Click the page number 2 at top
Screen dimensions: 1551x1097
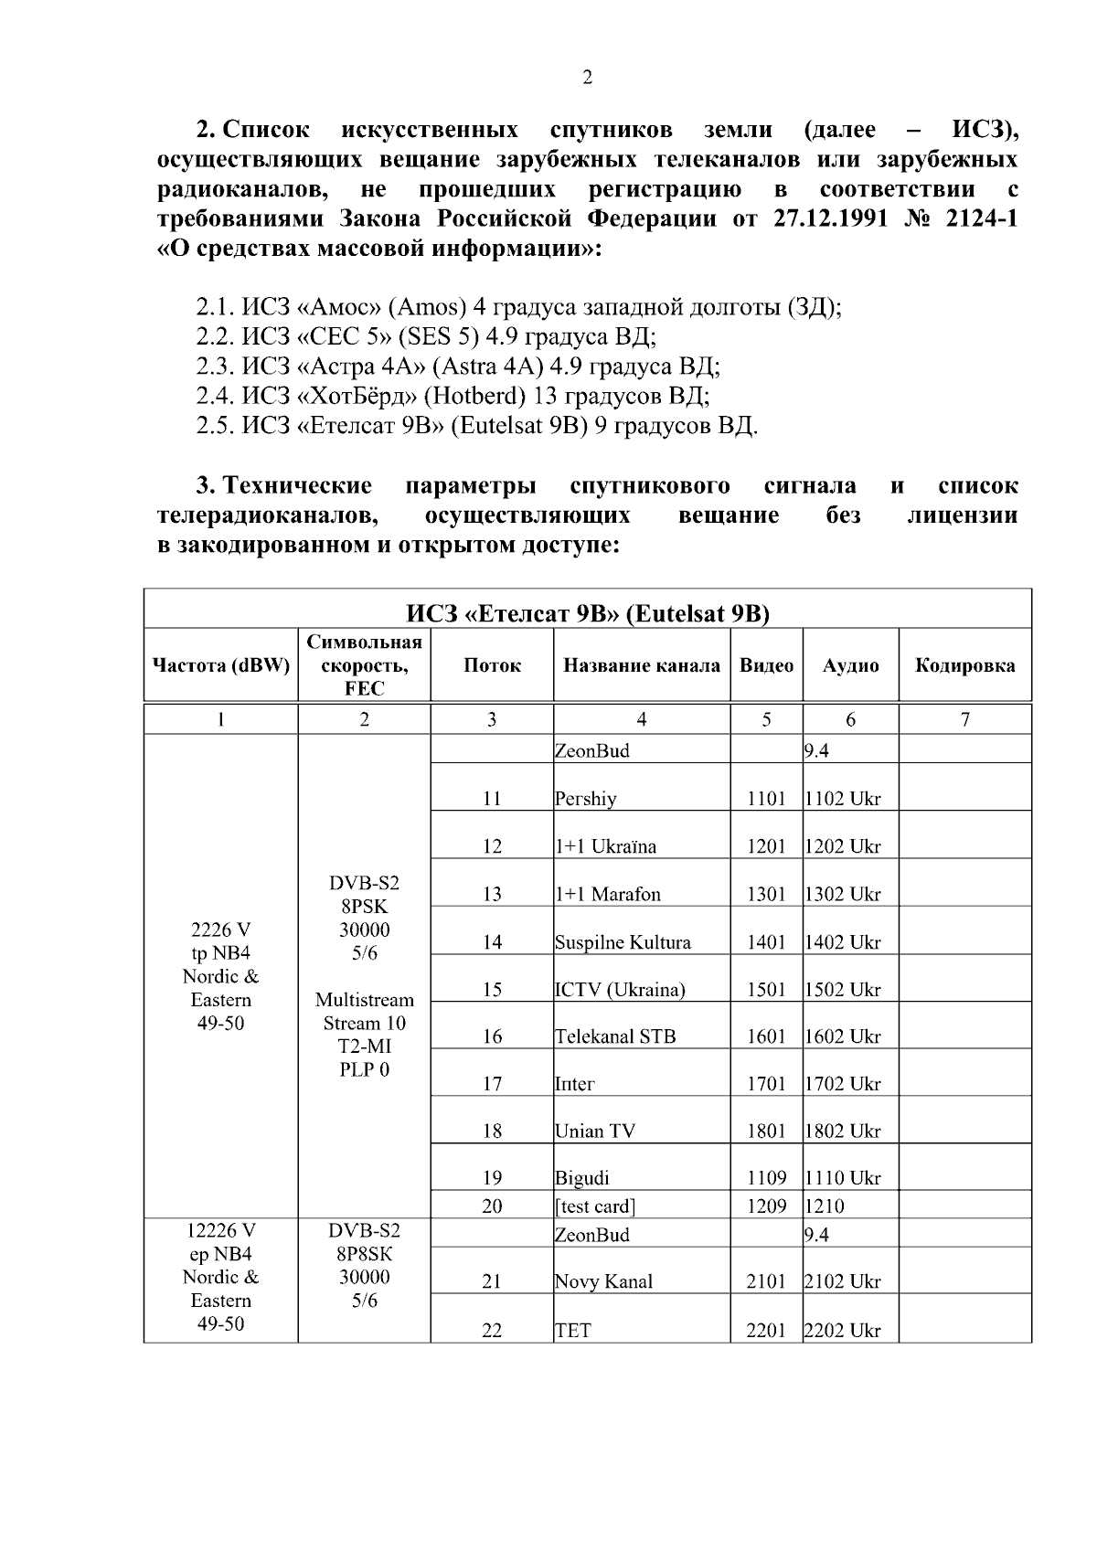587,78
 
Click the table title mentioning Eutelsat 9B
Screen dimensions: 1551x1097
587,612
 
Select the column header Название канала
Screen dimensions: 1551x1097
641,665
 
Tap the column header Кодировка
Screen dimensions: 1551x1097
964,665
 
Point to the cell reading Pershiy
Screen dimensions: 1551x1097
586,799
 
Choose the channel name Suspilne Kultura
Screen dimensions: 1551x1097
623,942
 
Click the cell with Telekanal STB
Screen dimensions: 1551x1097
615,1036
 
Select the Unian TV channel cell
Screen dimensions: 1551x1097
594,1131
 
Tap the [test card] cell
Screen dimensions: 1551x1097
595,1206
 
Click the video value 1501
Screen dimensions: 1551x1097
766,990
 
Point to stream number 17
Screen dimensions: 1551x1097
492,1084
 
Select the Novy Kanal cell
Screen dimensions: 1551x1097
603,1282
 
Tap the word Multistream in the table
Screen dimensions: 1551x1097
364,1000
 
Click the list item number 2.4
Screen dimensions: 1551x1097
216,396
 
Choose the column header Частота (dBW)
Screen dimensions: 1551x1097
220,665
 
